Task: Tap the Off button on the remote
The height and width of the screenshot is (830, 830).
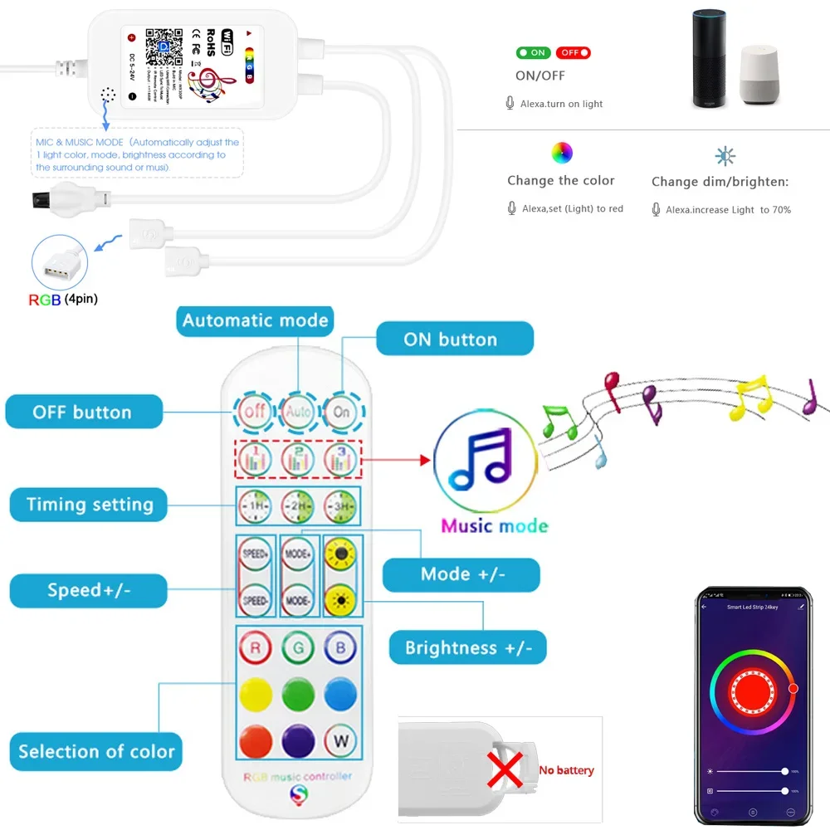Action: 254,411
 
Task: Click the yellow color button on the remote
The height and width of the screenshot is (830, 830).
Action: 255,694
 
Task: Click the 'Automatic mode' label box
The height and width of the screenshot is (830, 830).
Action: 255,320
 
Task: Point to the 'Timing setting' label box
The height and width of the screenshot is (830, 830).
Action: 89,505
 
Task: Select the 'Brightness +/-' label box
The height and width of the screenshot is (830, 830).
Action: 468,647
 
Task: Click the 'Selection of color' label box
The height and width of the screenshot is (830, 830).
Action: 96,751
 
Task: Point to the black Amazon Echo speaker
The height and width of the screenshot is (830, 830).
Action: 710,58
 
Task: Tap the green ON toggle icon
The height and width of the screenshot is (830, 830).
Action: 532,52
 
